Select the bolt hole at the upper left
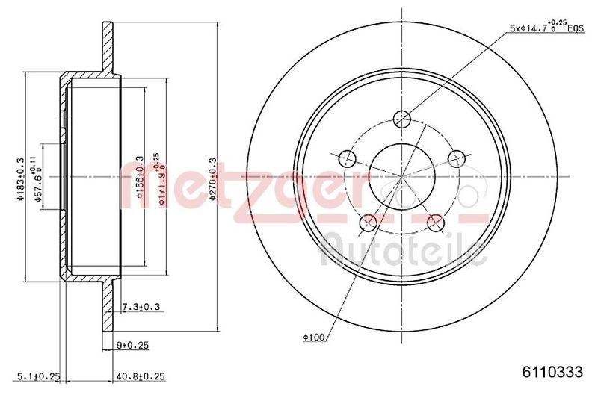point(347,158)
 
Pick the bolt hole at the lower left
point(368,222)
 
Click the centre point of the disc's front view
point(402,176)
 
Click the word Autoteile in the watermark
point(403,251)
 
